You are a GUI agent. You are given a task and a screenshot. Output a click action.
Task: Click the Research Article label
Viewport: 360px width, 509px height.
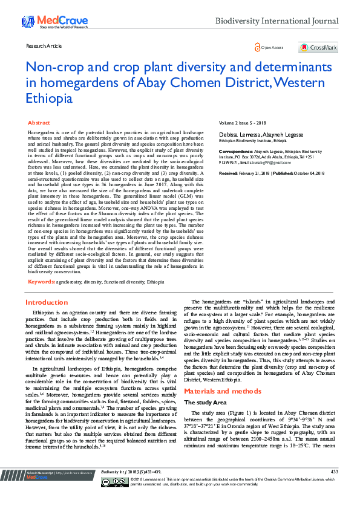[44, 46]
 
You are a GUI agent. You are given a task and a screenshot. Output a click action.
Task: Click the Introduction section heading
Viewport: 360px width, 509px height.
[47, 302]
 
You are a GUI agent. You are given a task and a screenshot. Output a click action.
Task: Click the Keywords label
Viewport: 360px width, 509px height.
[42, 281]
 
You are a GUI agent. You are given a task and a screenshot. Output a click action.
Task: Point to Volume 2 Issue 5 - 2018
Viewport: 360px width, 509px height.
[242, 123]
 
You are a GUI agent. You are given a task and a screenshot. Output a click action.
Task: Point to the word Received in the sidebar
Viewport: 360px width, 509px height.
[227, 172]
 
